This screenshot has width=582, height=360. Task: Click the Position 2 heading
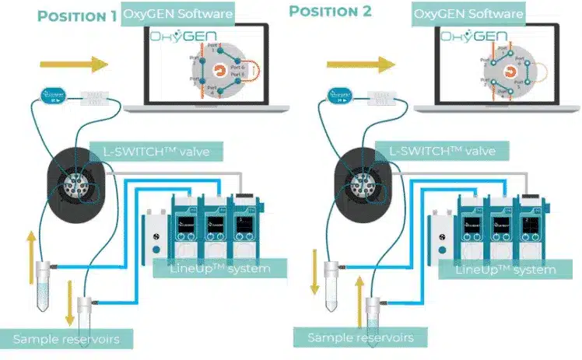[330, 12]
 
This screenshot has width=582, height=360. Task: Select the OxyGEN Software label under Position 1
[179, 13]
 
